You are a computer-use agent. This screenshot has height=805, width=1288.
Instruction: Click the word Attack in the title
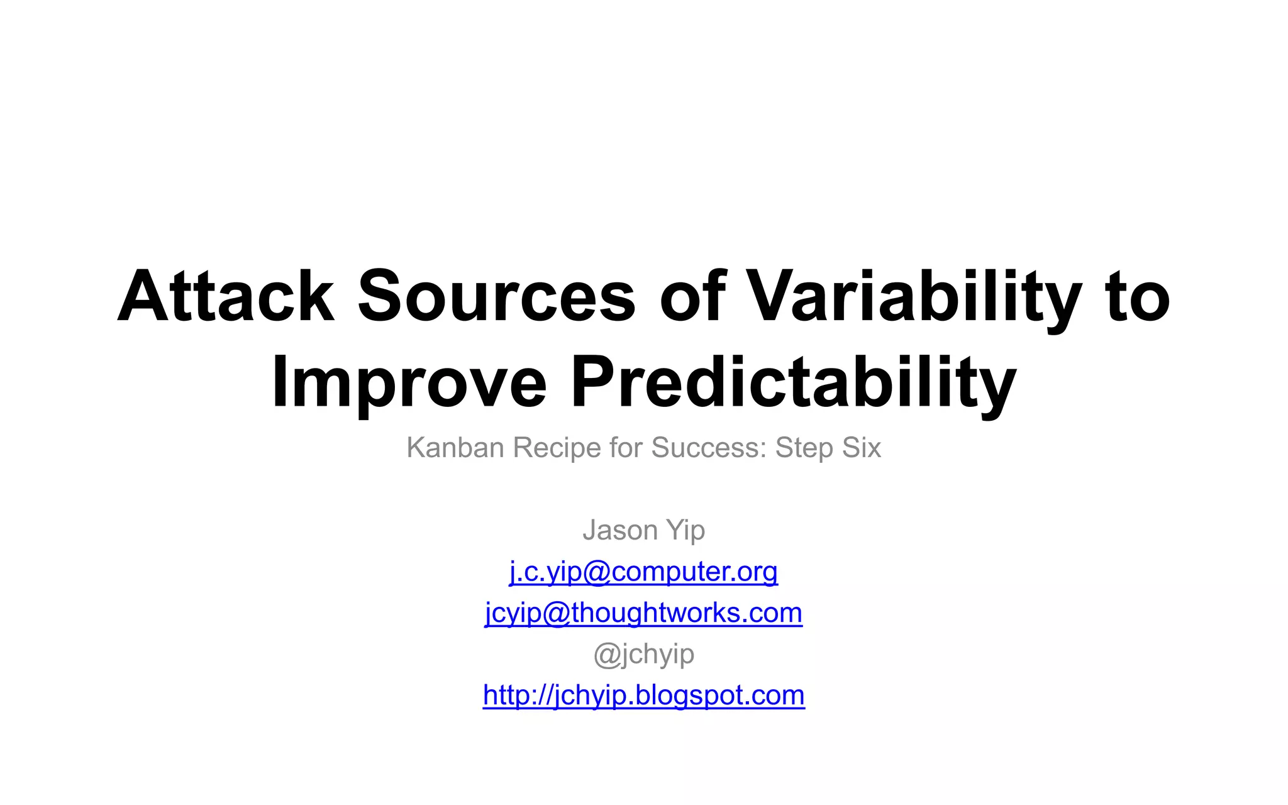[225, 296]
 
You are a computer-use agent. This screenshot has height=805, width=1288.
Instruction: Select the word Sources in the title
[497, 296]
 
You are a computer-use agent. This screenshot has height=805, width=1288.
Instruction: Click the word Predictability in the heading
[793, 382]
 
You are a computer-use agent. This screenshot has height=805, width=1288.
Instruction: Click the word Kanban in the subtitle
[455, 448]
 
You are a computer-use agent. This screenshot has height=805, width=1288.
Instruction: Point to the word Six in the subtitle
[862, 448]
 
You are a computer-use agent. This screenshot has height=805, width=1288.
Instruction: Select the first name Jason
[620, 530]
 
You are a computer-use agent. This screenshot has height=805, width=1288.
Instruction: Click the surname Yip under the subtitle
[686, 530]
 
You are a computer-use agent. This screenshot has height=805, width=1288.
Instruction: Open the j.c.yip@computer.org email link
[643, 572]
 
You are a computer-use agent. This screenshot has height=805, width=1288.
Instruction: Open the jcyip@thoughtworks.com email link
[643, 613]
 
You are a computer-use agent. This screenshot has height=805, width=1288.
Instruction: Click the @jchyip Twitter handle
[643, 654]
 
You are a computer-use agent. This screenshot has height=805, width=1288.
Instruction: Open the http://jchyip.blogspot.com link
[643, 695]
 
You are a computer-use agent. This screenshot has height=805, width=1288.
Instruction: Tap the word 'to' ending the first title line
[1138, 296]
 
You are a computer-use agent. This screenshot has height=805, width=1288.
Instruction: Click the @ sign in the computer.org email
[597, 572]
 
